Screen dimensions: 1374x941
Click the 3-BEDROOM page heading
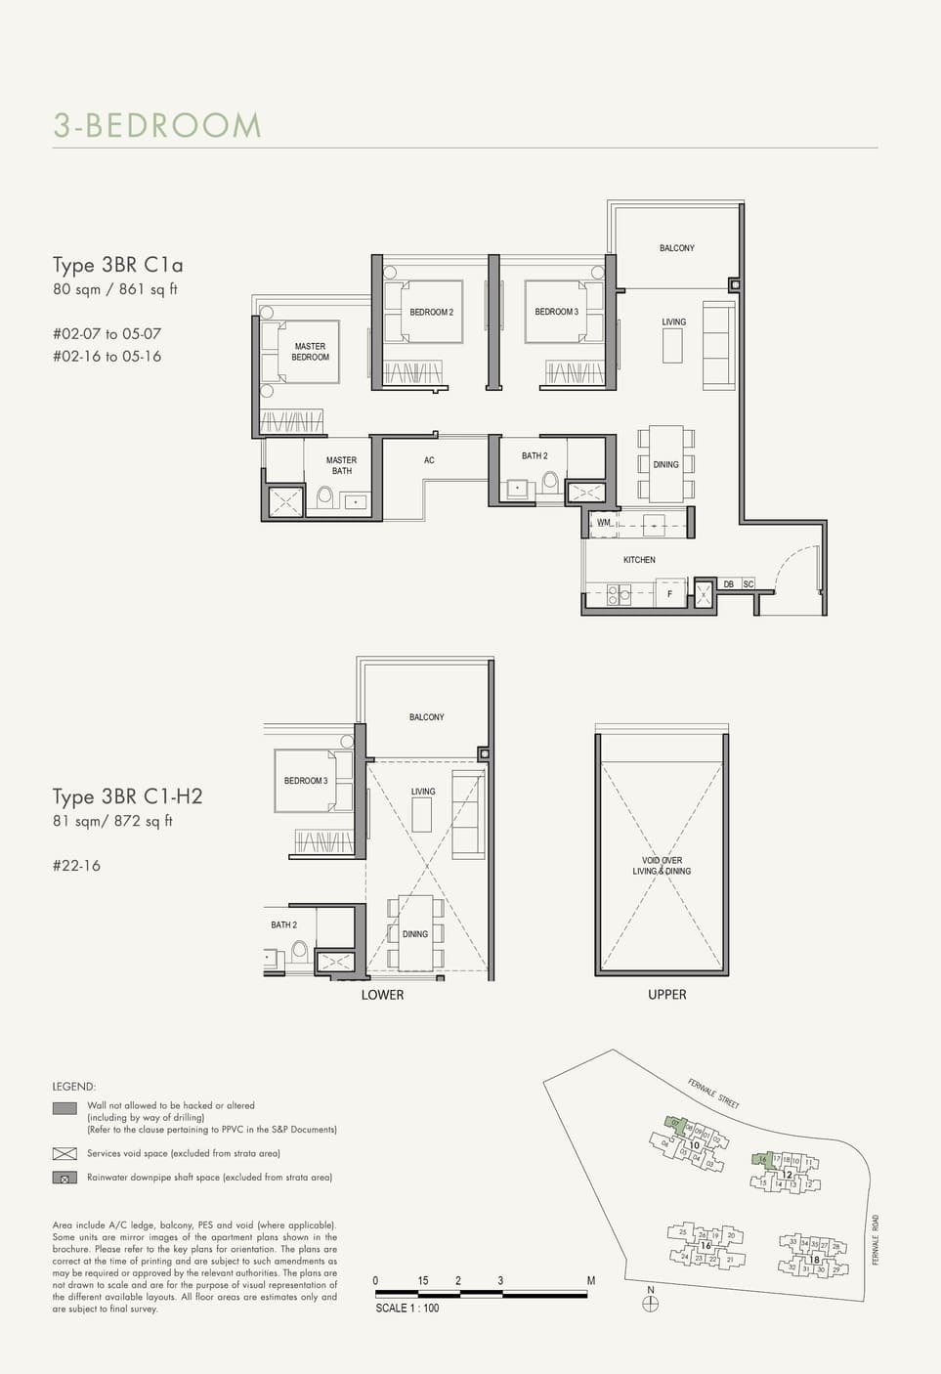pyautogui.click(x=157, y=126)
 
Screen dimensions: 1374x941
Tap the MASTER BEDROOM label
pyautogui.click(x=310, y=352)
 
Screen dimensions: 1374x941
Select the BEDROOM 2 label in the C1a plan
pyautogui.click(x=431, y=313)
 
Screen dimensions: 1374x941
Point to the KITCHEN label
pyautogui.click(x=639, y=560)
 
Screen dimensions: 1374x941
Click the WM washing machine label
pyautogui.click(x=604, y=523)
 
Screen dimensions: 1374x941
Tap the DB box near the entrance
pyautogui.click(x=729, y=584)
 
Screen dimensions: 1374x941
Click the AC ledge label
pyautogui.click(x=429, y=460)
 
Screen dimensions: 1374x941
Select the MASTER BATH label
pyautogui.click(x=341, y=465)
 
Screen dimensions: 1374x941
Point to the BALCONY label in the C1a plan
pyautogui.click(x=676, y=248)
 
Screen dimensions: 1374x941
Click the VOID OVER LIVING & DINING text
pyautogui.click(x=662, y=866)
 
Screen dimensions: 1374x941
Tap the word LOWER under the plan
pyautogui.click(x=382, y=995)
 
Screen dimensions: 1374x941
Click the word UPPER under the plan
pyautogui.click(x=666, y=995)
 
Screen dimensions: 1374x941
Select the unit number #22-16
pyautogui.click(x=76, y=866)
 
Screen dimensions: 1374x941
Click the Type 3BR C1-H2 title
pyautogui.click(x=127, y=796)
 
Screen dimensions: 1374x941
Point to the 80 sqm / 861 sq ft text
pyautogui.click(x=115, y=289)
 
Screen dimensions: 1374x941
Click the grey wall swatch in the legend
pyautogui.click(x=64, y=1108)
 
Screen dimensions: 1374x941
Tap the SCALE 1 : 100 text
pyautogui.click(x=406, y=1308)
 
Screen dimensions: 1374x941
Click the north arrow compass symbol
pyautogui.click(x=651, y=1303)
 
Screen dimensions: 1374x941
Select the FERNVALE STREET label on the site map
pyautogui.click(x=712, y=1093)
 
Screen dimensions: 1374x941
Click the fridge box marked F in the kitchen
pyautogui.click(x=669, y=593)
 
